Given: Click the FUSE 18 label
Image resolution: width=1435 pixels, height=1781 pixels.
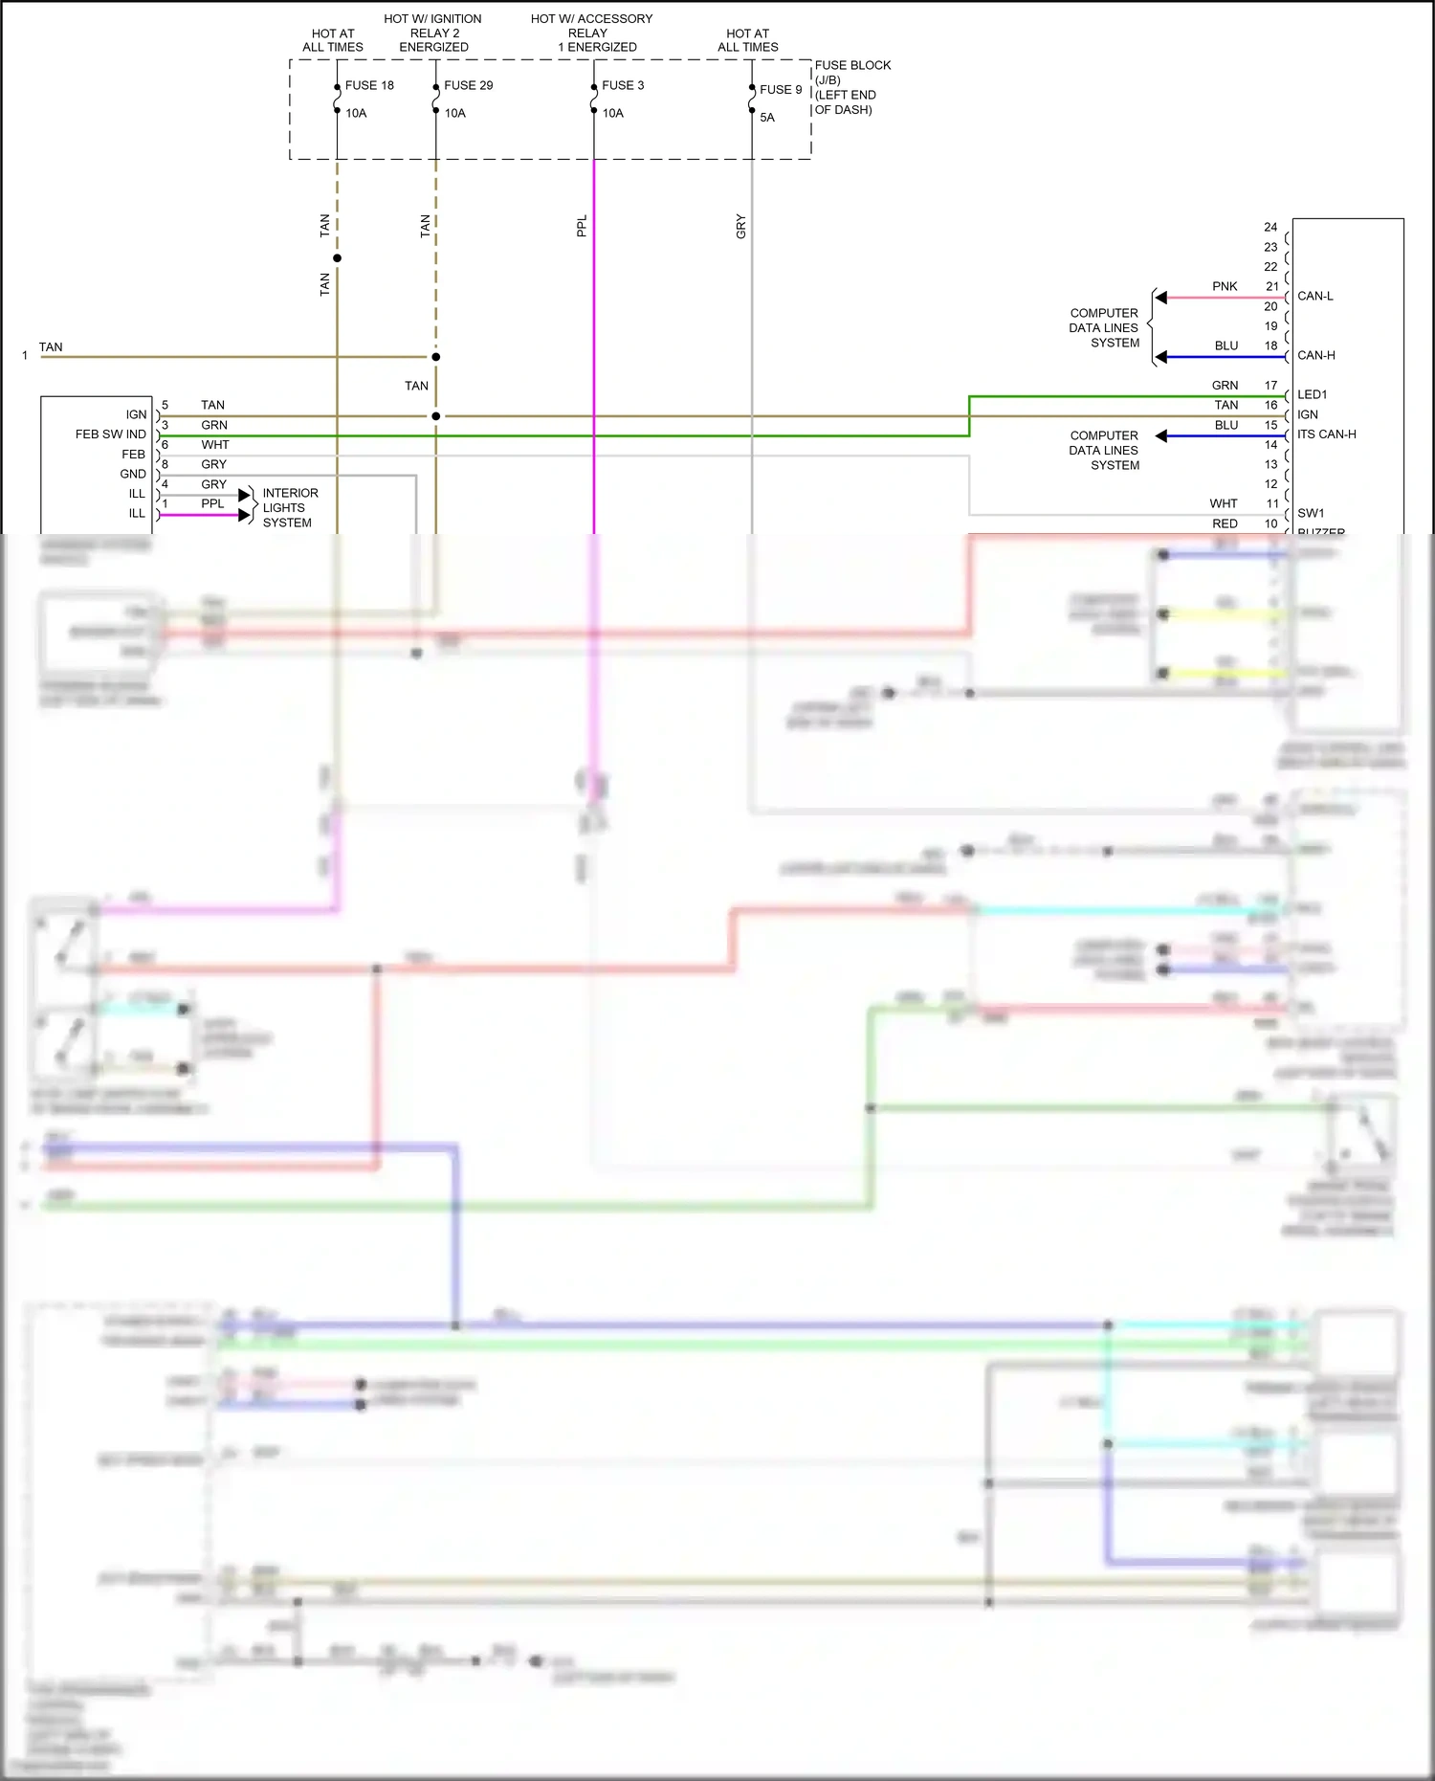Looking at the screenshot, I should [369, 85].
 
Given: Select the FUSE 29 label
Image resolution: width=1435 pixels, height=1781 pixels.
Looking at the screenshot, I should [468, 85].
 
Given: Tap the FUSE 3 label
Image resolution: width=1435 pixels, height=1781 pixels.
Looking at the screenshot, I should [623, 85].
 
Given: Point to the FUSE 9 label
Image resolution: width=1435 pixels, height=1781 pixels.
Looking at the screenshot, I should [781, 89].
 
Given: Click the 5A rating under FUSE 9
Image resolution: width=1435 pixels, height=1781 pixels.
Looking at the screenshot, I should [767, 118].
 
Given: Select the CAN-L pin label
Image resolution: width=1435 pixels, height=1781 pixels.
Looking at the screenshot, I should [1314, 296].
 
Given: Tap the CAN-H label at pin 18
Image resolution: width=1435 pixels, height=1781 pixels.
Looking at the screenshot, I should [1315, 355].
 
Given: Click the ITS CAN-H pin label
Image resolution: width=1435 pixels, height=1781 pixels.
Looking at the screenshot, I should [1326, 434].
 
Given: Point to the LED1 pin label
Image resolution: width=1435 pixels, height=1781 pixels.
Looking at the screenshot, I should [1312, 394].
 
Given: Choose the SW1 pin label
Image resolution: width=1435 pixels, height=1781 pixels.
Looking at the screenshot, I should [1311, 513].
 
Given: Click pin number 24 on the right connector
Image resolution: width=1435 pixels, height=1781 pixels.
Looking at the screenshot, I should [1269, 228].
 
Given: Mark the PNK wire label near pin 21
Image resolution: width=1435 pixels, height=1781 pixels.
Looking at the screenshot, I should [1225, 286].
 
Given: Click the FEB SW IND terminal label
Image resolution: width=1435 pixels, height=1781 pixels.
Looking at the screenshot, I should [111, 434].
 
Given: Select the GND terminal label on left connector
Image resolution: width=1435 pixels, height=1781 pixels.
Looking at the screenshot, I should [133, 474].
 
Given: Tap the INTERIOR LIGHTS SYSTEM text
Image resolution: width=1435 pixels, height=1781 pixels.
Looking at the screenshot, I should [290, 508].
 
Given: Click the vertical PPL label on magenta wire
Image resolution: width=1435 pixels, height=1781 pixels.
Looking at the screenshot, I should [582, 227].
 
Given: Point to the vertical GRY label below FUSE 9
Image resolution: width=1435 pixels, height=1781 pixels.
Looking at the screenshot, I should [740, 227].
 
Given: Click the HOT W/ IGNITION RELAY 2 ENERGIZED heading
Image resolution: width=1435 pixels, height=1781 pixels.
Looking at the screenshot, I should [433, 33].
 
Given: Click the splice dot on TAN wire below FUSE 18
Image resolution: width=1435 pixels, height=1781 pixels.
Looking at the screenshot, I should [337, 258].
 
